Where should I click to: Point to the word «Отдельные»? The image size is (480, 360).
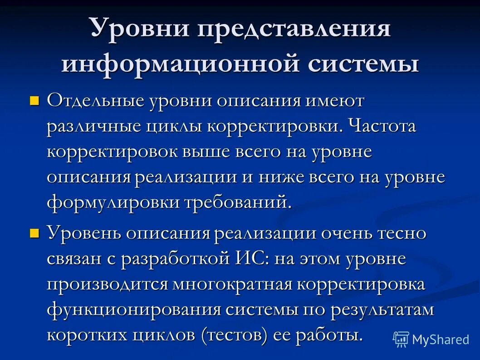(x=95, y=101)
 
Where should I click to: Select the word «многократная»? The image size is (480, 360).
(x=232, y=285)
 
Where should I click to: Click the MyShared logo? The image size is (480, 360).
(x=431, y=339)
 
